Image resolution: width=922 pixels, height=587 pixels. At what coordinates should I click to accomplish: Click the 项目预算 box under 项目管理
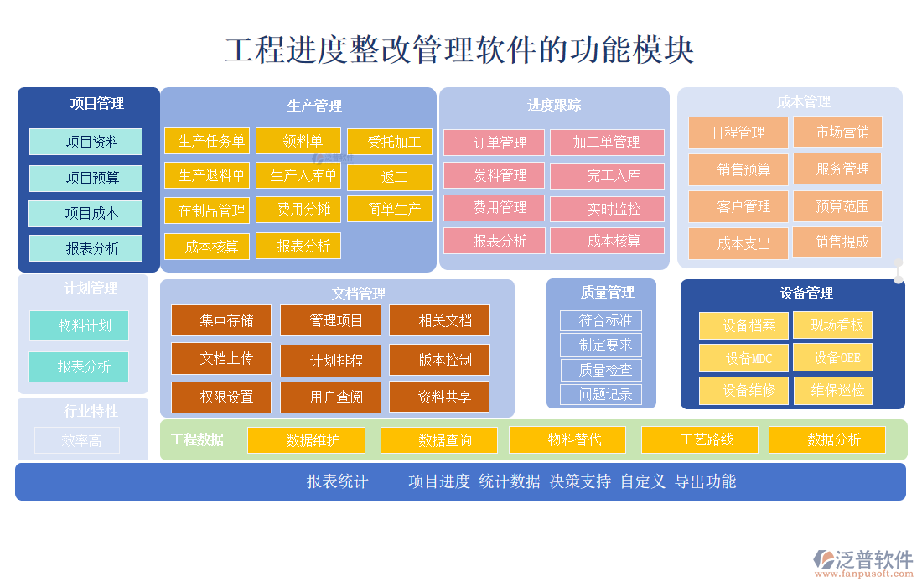(85, 178)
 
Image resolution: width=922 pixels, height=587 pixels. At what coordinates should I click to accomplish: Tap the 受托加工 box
(390, 142)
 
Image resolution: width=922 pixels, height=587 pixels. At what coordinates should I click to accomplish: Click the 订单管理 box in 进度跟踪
(495, 143)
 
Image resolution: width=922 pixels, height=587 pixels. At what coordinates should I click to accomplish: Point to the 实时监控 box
(608, 209)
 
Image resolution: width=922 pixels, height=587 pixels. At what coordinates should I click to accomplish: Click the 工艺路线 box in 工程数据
(700, 439)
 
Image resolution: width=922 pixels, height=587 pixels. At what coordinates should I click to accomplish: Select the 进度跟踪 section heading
(554, 105)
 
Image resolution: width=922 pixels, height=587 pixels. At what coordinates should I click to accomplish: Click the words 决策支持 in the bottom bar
(580, 481)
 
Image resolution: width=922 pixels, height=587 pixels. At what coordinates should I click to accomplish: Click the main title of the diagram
(459, 50)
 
